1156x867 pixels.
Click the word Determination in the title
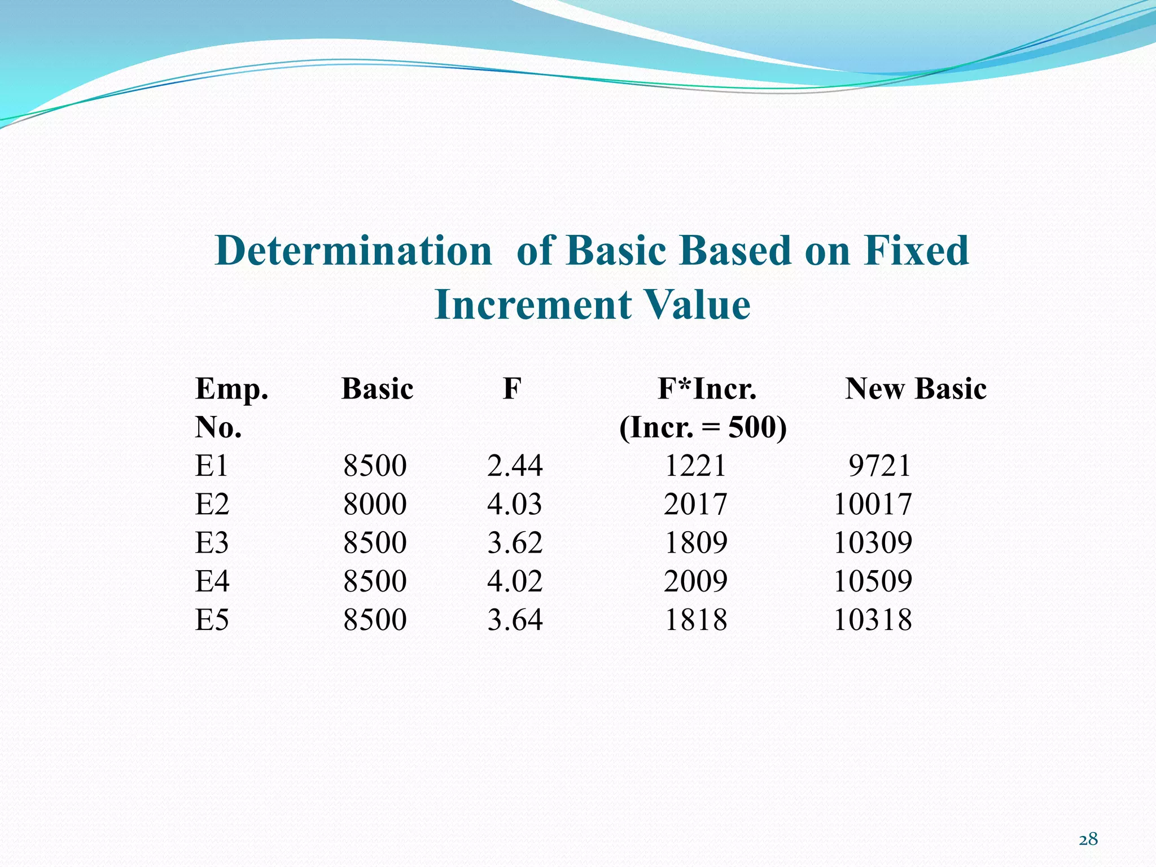click(353, 251)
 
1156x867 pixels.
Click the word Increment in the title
click(532, 305)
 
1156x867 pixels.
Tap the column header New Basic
click(916, 389)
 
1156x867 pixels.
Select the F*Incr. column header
click(707, 389)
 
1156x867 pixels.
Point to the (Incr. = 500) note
click(703, 427)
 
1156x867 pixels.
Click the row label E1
click(212, 466)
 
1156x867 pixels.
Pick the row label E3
click(212, 543)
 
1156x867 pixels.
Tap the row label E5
click(212, 620)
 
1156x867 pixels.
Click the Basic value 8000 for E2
click(375, 504)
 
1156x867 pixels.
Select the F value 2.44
click(515, 466)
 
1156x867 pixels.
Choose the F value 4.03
click(515, 504)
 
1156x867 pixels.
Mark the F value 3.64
click(515, 620)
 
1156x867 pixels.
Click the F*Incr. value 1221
click(695, 466)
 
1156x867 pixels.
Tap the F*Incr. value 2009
click(695, 581)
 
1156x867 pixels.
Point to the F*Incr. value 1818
click(695, 620)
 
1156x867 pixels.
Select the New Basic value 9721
click(879, 466)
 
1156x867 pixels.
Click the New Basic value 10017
click(873, 504)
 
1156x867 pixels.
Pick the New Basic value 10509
click(873, 581)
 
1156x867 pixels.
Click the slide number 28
click(1088, 840)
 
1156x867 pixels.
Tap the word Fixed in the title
click(916, 251)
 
